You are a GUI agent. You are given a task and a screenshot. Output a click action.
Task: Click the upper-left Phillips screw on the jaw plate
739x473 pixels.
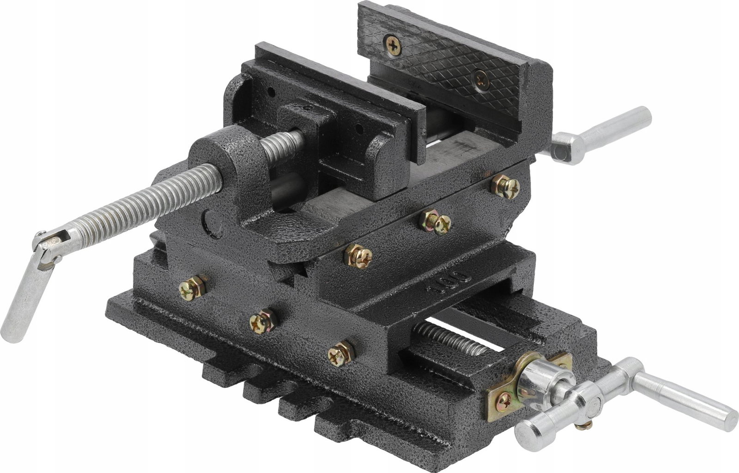[x=393, y=45]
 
